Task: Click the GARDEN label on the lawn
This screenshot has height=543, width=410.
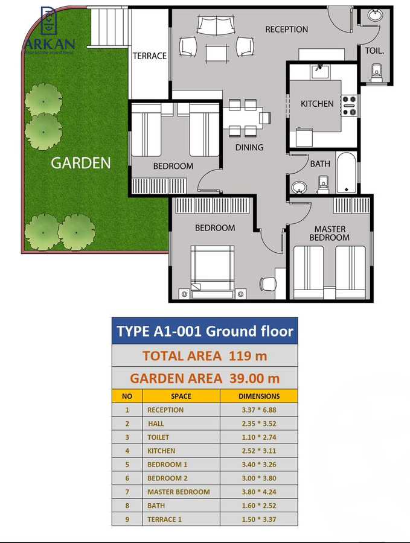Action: click(x=80, y=162)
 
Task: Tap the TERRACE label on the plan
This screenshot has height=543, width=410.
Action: click(x=150, y=56)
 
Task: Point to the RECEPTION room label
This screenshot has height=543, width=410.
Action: click(x=286, y=29)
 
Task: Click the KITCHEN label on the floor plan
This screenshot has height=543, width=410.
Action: click(x=317, y=103)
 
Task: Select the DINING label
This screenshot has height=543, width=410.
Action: click(x=249, y=147)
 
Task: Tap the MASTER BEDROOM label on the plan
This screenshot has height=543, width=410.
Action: click(x=330, y=233)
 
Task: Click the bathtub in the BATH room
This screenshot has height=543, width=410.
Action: click(x=347, y=174)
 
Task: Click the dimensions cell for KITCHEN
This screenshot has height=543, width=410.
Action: click(x=259, y=451)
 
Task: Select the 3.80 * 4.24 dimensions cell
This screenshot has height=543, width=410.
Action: click(x=259, y=492)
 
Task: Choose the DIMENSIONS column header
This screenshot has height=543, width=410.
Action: click(x=259, y=396)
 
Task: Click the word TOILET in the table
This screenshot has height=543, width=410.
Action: click(x=158, y=437)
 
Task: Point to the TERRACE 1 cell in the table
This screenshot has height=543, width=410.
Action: click(x=164, y=519)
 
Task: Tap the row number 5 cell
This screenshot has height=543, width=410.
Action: click(x=127, y=465)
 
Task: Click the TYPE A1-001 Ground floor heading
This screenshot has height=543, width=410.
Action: click(x=205, y=331)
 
